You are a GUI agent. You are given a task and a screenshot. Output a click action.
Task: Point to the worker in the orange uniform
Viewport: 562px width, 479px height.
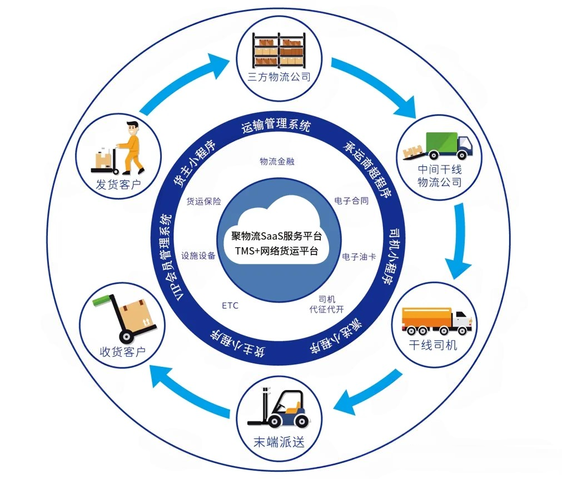point(131,146)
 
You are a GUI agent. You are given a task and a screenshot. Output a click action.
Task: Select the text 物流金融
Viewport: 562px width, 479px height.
point(276,161)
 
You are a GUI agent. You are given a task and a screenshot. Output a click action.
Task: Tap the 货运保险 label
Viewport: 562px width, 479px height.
point(203,201)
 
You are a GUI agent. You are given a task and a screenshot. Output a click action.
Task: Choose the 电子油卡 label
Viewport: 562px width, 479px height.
point(359,257)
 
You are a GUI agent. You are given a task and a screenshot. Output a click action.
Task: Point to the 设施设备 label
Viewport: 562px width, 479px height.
point(198,256)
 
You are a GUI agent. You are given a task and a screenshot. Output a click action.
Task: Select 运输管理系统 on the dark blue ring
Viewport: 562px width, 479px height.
point(276,126)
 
